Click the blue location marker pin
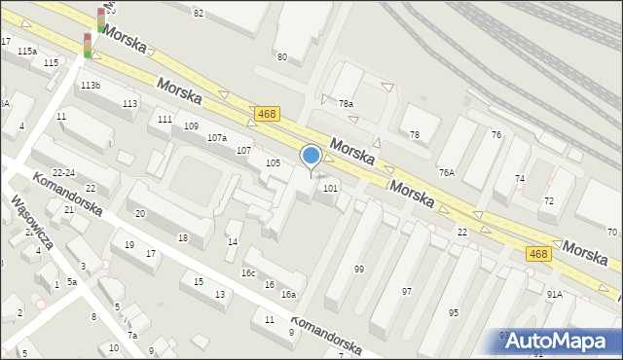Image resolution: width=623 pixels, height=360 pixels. coord(311,156)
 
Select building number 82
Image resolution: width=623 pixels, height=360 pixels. coord(199,13)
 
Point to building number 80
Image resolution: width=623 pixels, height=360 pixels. coord(282,57)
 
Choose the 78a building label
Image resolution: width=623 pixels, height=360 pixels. coord(346,103)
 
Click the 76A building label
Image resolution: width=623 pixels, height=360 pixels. coord(447,172)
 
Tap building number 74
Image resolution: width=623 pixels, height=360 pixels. coord(520,179)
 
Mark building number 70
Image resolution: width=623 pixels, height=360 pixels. coord(612,232)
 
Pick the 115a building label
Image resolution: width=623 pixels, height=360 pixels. coord(26,51)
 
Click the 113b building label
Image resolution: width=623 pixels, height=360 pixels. coord(91,86)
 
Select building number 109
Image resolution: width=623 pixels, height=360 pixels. coord(191,126)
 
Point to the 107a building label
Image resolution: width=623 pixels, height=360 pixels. coord(217,138)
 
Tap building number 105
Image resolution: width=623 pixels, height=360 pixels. coord(274,163)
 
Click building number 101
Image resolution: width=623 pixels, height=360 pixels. coord(331,188)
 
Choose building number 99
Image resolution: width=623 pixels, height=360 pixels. coord(359,269)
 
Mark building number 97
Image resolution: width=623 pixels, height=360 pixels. coord(407,291)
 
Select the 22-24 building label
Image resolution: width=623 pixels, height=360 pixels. coord(64,172)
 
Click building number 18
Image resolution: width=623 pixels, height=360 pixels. coord(182,237)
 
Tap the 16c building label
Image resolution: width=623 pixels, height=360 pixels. coord(249,273)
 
